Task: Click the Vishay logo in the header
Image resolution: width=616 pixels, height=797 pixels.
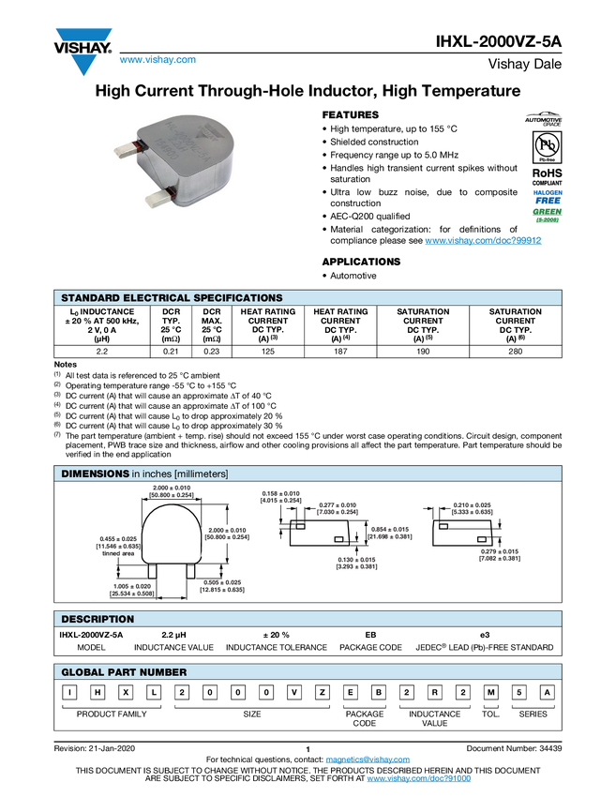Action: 83,52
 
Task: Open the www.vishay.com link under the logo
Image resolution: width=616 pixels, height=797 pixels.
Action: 158,59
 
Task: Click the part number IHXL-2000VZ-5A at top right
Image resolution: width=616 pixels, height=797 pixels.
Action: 498,41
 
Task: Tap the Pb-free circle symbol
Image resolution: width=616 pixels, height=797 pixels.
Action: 547,144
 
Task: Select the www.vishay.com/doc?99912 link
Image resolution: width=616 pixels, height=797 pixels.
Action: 483,240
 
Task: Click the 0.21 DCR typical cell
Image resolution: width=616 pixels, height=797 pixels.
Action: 171,352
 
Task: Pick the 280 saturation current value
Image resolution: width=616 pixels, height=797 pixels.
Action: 516,352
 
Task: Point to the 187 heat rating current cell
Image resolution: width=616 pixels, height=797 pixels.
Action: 340,352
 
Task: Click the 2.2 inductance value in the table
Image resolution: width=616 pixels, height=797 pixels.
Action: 101,352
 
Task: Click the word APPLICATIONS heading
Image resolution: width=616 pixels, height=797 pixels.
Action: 361,262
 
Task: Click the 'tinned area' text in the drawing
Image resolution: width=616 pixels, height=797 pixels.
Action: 118,553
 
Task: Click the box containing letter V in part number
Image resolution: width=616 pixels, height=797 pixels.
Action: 293,692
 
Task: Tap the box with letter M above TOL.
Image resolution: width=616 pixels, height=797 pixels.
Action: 490,692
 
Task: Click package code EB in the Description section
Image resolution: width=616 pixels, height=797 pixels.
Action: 370,635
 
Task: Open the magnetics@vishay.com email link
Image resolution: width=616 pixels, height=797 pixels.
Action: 368,759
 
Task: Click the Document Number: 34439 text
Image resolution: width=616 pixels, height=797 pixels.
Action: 514,748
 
